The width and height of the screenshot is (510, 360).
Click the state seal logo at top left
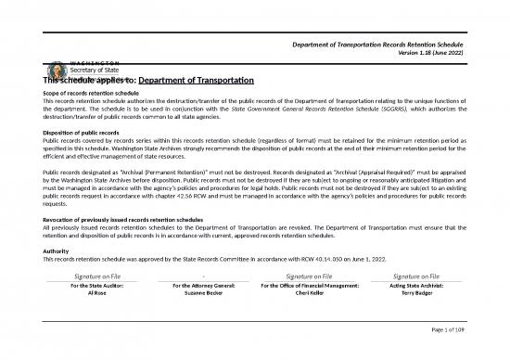click(x=53, y=73)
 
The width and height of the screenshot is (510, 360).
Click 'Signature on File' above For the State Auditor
click(x=90, y=276)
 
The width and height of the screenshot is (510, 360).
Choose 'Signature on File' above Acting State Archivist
click(x=415, y=276)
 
